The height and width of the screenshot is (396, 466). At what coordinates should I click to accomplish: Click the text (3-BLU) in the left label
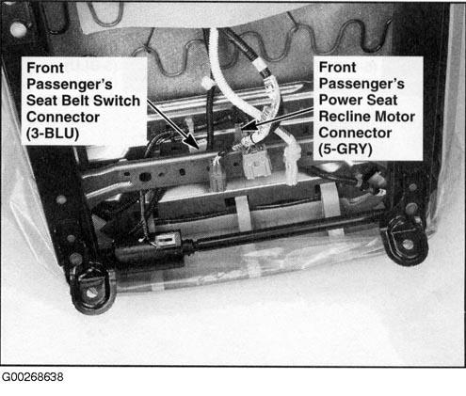coord(53,134)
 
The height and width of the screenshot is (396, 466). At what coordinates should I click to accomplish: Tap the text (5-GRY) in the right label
coord(345,150)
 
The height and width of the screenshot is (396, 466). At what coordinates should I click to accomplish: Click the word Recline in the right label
coord(344,117)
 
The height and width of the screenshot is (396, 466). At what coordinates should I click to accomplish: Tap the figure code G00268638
coord(33,376)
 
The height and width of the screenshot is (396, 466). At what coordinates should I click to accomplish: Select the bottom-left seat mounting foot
coord(91,290)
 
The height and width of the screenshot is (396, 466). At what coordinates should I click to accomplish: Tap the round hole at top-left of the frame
coord(18,30)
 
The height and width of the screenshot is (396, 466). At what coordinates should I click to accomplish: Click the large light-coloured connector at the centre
coord(257,164)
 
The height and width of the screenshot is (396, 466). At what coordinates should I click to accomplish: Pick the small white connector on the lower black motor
coord(166,241)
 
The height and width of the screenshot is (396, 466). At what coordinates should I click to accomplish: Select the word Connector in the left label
coord(63,117)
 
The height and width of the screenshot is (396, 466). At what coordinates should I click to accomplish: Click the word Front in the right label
coord(337,68)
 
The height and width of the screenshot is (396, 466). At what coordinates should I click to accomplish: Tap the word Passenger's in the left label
coord(70,84)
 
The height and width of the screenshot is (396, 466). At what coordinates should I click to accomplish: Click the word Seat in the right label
coord(382,100)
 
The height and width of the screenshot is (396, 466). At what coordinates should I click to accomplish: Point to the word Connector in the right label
coord(355,133)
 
